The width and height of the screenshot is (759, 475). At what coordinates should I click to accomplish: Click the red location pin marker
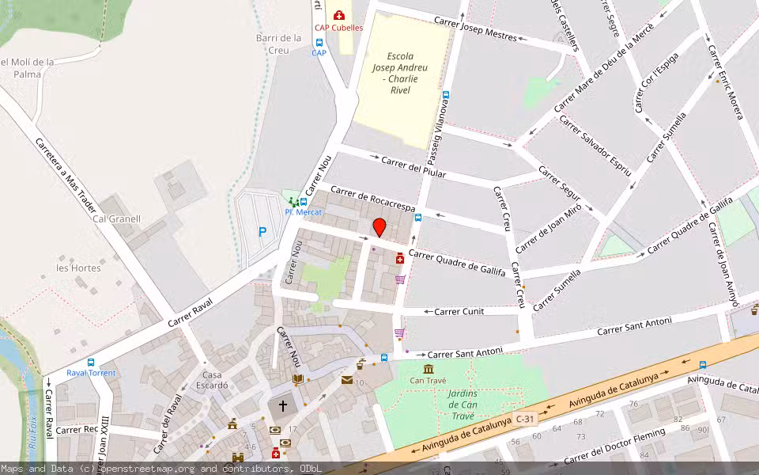click(379, 227)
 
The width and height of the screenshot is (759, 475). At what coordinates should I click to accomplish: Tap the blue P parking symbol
click(262, 232)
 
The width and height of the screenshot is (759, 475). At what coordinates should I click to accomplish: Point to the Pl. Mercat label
click(300, 212)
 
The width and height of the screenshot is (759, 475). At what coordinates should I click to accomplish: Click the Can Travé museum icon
click(428, 369)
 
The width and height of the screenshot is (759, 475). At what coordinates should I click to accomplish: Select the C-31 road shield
click(525, 417)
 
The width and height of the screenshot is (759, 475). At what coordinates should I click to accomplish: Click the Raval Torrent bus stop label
click(91, 373)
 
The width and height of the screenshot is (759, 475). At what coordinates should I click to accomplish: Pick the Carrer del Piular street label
click(413, 168)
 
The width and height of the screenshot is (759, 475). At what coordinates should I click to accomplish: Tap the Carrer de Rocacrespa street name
click(372, 199)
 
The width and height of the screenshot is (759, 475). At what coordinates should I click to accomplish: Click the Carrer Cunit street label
click(459, 311)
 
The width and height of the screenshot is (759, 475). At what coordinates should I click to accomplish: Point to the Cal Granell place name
click(116, 219)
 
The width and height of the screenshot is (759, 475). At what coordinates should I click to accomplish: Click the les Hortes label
click(78, 268)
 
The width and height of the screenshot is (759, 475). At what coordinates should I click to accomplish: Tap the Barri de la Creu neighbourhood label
click(278, 44)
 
